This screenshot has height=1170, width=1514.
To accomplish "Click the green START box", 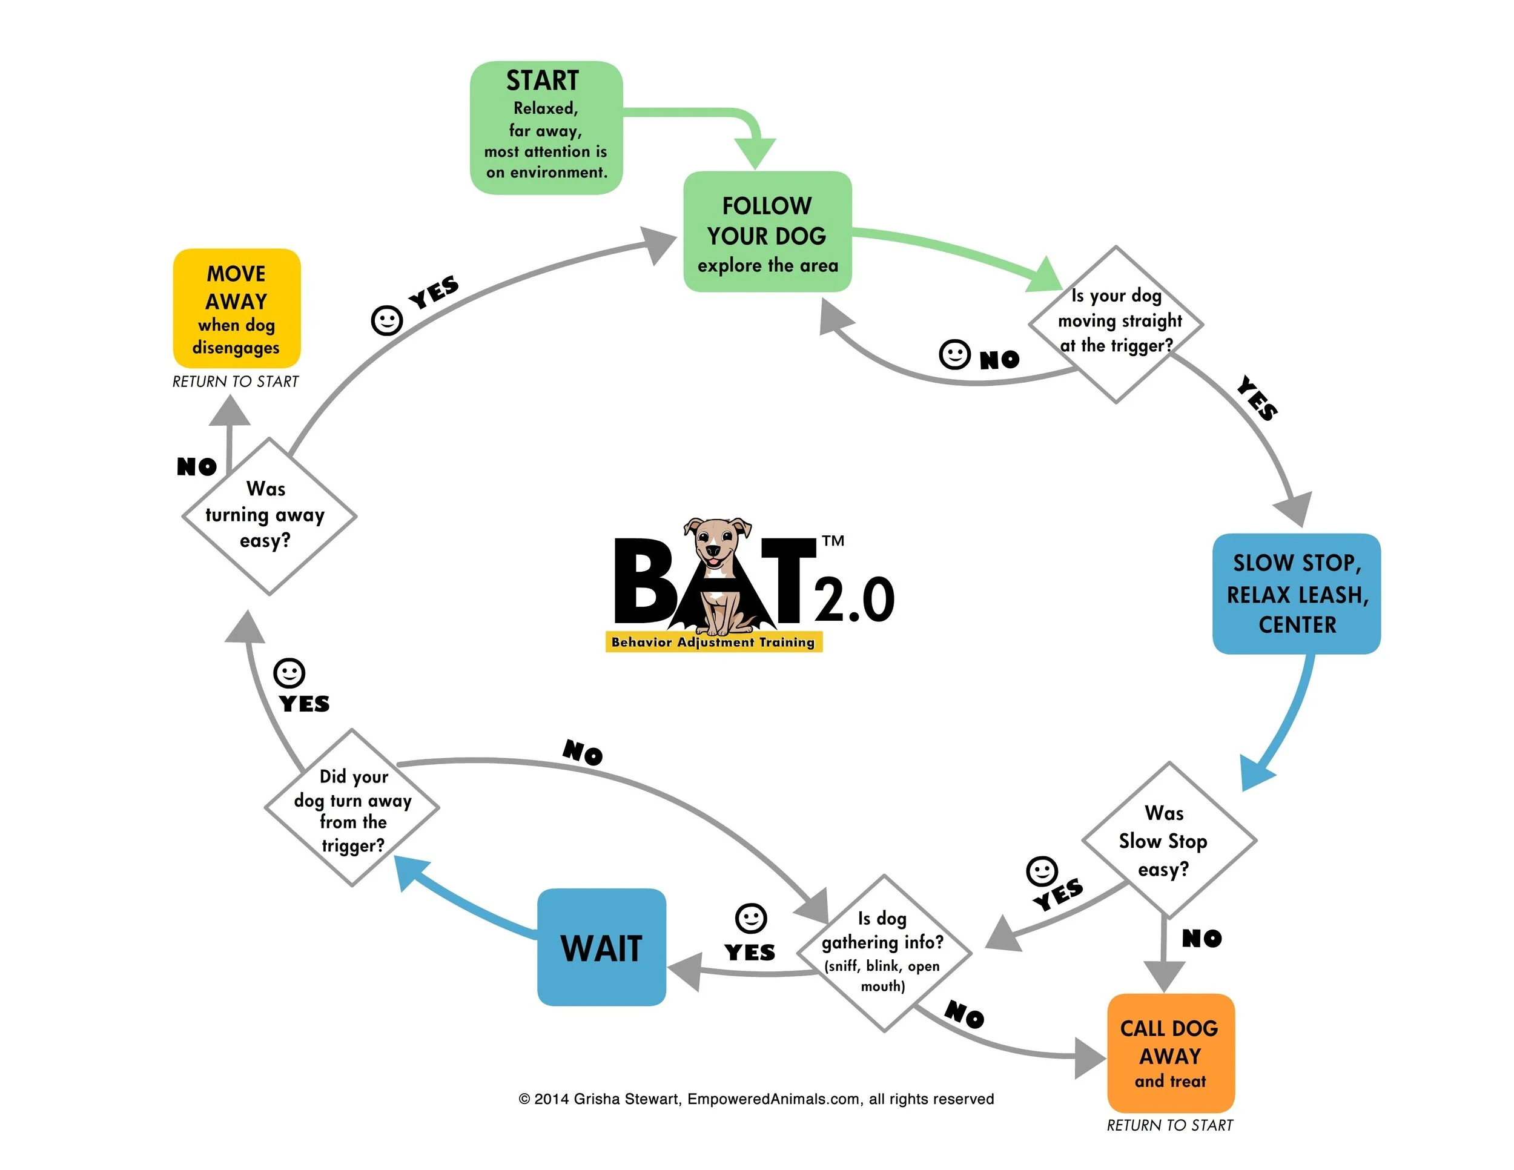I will (546, 128).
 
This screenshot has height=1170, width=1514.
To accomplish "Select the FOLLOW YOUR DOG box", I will (767, 231).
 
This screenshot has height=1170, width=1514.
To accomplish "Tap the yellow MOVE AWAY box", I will (236, 308).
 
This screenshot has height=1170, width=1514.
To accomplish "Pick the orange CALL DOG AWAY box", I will (1170, 1052).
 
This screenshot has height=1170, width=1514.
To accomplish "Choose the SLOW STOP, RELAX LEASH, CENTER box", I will (1297, 593).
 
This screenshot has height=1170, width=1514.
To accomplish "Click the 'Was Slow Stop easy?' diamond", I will (1169, 840).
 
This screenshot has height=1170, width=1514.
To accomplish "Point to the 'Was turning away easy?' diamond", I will (269, 516).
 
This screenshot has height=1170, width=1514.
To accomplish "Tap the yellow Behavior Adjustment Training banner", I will (713, 642).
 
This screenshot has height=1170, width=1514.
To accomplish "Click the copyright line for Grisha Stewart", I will (756, 1099).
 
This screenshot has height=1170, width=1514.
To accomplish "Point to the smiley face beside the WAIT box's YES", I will (751, 919).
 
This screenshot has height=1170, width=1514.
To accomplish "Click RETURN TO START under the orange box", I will (1169, 1125).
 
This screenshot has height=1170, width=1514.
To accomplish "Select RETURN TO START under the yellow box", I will (235, 382).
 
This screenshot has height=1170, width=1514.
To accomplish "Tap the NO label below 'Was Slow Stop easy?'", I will (1202, 939).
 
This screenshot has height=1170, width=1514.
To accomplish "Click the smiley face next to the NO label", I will (954, 354).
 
